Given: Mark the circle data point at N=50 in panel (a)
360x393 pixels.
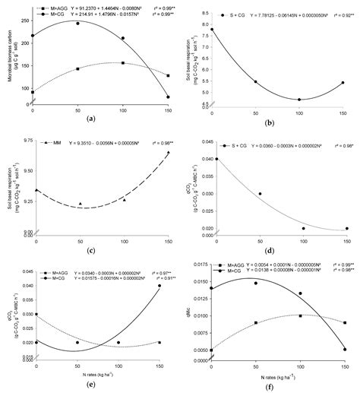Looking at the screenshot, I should tap(77, 24).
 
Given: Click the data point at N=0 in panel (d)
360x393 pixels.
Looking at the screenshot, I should tap(216, 160).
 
